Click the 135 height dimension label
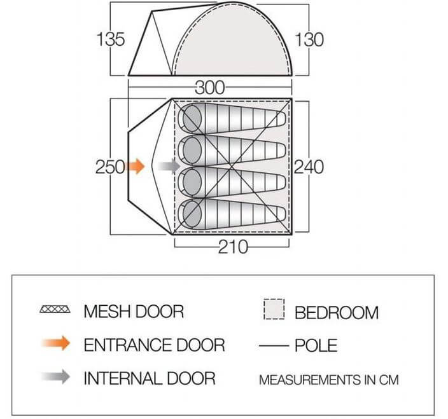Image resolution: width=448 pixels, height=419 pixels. (x=111, y=39)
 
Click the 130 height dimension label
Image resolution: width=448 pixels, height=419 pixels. (x=309, y=39)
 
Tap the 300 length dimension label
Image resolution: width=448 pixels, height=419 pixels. (x=210, y=88)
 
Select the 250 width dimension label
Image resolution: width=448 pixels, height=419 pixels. (x=110, y=167)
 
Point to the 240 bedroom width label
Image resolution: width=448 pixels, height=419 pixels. (x=309, y=167)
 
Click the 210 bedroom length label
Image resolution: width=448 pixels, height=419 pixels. (x=233, y=247)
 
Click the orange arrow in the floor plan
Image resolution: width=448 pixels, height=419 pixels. (x=136, y=166)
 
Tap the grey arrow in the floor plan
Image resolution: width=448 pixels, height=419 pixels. (x=169, y=166)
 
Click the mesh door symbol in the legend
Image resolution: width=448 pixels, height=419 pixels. (x=55, y=309)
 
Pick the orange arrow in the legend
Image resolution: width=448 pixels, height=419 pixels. (x=56, y=343)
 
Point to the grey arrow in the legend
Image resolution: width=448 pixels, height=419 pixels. (x=56, y=376)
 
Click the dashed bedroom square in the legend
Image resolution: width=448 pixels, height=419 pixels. (x=274, y=309)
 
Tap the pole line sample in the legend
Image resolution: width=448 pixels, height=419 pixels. (x=274, y=346)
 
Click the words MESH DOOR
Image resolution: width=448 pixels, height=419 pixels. (x=134, y=312)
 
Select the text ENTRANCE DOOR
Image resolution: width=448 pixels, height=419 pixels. (x=154, y=345)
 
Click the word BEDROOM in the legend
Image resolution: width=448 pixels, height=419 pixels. (x=337, y=313)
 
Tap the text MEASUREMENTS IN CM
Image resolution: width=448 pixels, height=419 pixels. (x=328, y=380)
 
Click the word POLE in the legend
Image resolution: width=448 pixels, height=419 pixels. (x=316, y=346)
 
